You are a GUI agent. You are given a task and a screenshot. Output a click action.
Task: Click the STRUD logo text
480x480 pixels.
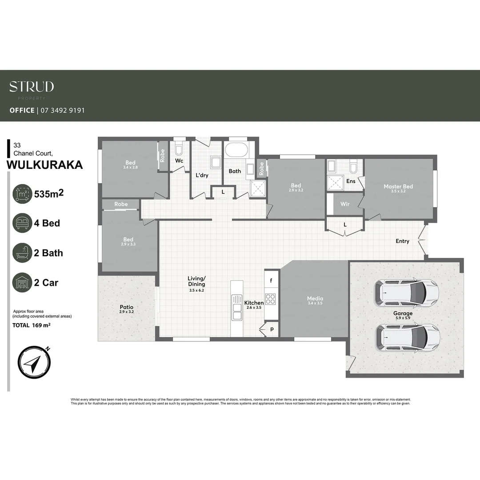(x=32, y=86)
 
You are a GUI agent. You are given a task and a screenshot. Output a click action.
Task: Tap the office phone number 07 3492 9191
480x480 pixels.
(x=62, y=110)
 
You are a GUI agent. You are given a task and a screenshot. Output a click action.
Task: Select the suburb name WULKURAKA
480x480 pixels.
(x=45, y=165)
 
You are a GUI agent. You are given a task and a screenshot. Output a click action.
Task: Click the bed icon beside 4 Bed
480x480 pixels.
(x=22, y=223)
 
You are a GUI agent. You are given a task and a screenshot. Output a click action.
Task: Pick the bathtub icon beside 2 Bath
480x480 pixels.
(x=22, y=253)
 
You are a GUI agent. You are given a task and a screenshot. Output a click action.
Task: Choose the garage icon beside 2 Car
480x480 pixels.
(x=22, y=283)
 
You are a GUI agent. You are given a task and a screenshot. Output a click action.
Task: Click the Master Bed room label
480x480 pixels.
(x=398, y=187)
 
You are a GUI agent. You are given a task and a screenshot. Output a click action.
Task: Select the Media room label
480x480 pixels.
(x=315, y=299)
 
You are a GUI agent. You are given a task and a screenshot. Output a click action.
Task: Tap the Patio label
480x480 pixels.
(x=126, y=307)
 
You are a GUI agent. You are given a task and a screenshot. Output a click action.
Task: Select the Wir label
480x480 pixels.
(x=345, y=204)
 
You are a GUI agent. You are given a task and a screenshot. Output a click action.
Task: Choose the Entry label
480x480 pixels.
(x=402, y=241)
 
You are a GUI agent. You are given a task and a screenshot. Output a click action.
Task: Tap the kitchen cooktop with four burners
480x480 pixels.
(x=271, y=299)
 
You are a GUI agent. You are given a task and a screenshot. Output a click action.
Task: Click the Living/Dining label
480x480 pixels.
(x=196, y=282)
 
